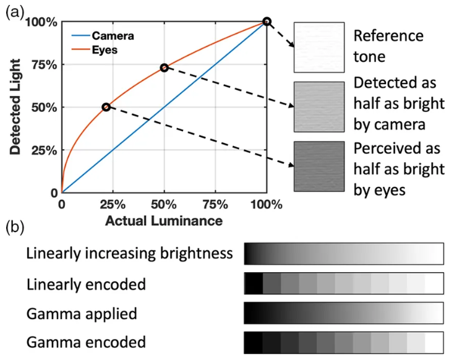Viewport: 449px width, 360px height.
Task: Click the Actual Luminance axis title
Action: click(x=164, y=220)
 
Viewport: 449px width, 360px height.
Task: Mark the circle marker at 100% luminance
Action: click(x=267, y=22)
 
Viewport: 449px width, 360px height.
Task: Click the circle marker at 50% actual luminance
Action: click(x=164, y=67)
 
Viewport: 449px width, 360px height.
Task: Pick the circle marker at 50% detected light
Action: click(x=106, y=107)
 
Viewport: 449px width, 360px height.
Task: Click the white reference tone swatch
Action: click(x=319, y=48)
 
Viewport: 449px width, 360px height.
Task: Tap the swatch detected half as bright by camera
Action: click(x=319, y=107)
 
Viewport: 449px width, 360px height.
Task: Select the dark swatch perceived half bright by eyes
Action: click(x=319, y=166)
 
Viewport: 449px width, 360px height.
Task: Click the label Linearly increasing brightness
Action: click(x=129, y=253)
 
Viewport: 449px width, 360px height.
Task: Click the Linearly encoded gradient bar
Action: click(x=344, y=283)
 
